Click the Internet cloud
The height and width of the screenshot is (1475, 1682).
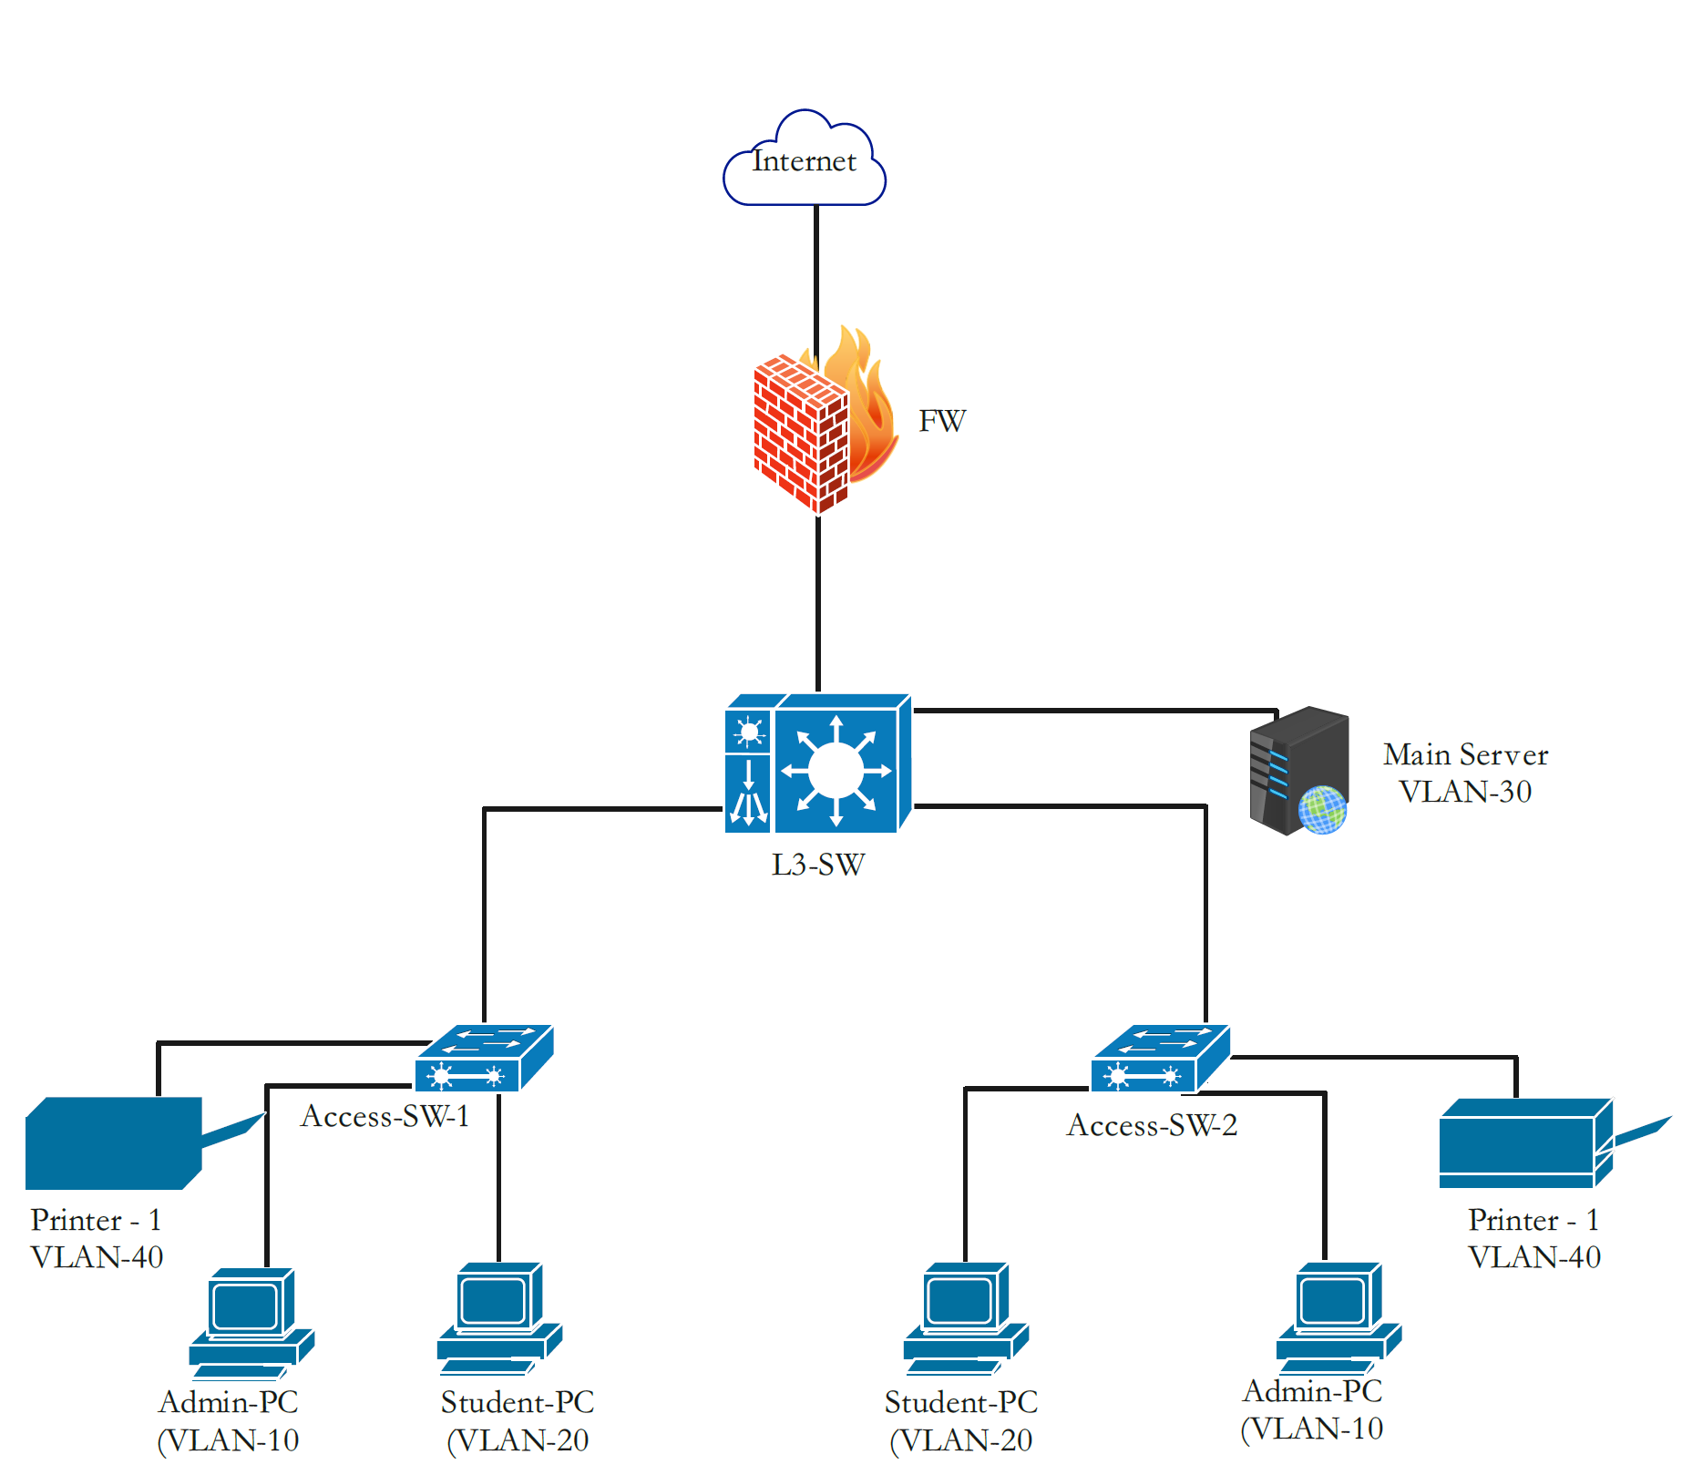tap(804, 161)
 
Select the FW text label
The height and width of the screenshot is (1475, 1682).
tap(941, 421)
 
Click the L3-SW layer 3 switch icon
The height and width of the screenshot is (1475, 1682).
tap(818, 765)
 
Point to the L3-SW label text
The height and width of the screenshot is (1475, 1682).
tap(817, 865)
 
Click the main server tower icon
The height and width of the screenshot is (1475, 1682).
tap(1297, 770)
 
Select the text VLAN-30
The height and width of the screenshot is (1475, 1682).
tap(1465, 792)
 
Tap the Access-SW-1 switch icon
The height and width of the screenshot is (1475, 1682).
tap(484, 1059)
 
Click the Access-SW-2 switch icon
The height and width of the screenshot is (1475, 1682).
tap(1160, 1059)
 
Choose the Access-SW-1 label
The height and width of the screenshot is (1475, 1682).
tap(385, 1116)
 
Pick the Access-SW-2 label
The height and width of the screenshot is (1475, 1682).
tap(1152, 1125)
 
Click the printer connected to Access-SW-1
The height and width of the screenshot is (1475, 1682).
tap(114, 1142)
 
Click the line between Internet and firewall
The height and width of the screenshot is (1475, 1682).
tap(816, 273)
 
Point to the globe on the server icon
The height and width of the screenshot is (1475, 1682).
tap(1322, 810)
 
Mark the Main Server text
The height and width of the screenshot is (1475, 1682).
tap(1465, 754)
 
